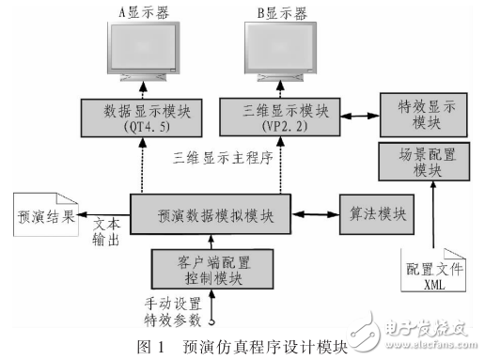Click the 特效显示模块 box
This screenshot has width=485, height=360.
point(418,112)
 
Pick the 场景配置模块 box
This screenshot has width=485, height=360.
point(418,162)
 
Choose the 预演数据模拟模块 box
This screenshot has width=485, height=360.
point(210,214)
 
